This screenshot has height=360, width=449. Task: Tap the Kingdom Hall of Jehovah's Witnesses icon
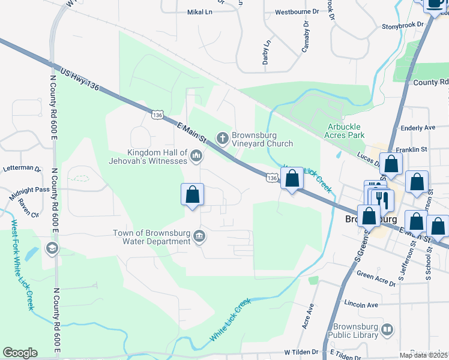tap(196, 157)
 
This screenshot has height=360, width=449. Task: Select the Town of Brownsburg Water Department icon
tap(200, 238)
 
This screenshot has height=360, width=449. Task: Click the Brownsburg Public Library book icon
tap(388, 330)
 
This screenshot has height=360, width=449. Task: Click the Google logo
tap(20, 353)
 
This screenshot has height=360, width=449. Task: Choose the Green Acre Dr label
tap(375, 275)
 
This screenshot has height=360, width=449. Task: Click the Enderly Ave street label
tap(418, 128)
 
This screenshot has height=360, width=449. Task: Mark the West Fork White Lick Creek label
tap(22, 265)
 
